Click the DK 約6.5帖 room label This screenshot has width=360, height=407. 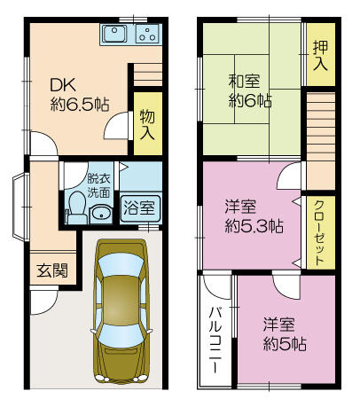[x=80, y=95]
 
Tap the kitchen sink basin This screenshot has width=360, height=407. [x=114, y=34]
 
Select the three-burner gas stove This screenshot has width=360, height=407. [x=147, y=34]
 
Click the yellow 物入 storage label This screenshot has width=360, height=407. [x=147, y=124]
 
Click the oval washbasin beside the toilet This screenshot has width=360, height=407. [x=100, y=214]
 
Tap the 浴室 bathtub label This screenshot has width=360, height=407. [x=139, y=207]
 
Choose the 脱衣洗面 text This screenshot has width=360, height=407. [x=98, y=185]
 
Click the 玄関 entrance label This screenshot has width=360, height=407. [x=52, y=270]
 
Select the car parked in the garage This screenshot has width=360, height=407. [x=121, y=311]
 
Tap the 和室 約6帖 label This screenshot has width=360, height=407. [x=250, y=91]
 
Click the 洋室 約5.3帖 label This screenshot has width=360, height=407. [x=254, y=216]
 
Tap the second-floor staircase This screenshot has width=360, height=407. [x=321, y=141]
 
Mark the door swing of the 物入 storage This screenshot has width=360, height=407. [x=118, y=126]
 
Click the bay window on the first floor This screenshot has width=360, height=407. [x=21, y=207]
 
